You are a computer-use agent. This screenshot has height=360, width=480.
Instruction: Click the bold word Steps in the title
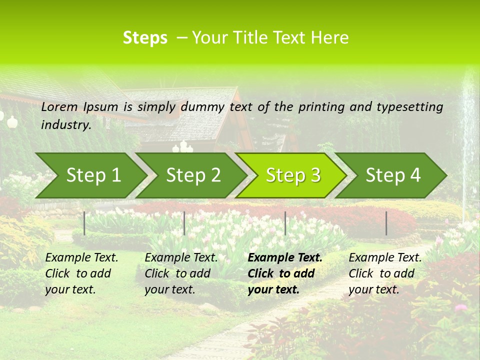tap(145, 38)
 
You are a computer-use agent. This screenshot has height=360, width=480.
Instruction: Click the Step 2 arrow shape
tap(193, 175)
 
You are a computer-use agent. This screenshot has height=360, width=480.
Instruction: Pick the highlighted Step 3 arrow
tap(293, 175)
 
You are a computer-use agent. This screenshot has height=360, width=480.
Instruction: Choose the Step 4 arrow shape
tap(393, 175)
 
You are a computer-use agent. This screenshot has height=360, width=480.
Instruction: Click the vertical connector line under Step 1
tap(84, 223)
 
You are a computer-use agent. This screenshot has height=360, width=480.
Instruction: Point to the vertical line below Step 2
tap(184, 223)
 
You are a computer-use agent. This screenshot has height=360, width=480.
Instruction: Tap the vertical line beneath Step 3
tap(285, 223)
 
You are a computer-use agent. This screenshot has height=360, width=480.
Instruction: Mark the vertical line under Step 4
tap(386, 223)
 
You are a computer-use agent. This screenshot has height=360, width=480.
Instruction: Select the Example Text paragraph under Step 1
tap(81, 273)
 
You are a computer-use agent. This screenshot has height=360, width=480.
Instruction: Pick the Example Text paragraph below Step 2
tap(181, 273)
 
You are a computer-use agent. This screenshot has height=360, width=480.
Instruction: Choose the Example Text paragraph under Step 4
tap(385, 273)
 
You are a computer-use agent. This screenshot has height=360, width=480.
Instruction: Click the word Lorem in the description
tap(59, 107)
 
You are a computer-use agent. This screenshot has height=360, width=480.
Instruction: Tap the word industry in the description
tap(66, 125)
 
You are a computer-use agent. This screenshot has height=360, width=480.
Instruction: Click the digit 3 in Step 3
tap(315, 175)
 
